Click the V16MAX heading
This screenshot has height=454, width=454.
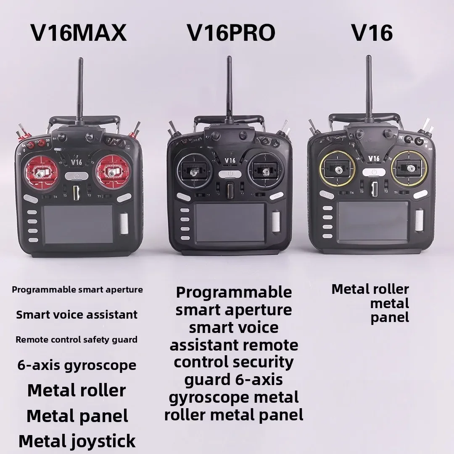79,33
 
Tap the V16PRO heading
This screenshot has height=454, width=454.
231,33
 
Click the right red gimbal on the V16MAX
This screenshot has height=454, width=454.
111,172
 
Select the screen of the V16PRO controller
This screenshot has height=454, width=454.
230,222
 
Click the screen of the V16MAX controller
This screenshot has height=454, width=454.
78,224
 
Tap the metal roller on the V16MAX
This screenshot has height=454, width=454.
124,223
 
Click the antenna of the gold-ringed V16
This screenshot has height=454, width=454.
368,89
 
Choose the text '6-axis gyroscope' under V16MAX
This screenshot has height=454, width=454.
77,366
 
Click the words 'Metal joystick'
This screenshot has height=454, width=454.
77,441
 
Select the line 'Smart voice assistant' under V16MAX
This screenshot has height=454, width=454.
77,315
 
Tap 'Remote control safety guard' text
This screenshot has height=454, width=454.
77,340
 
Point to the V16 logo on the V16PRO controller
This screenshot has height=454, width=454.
230,160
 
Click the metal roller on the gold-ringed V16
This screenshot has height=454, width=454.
419,220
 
